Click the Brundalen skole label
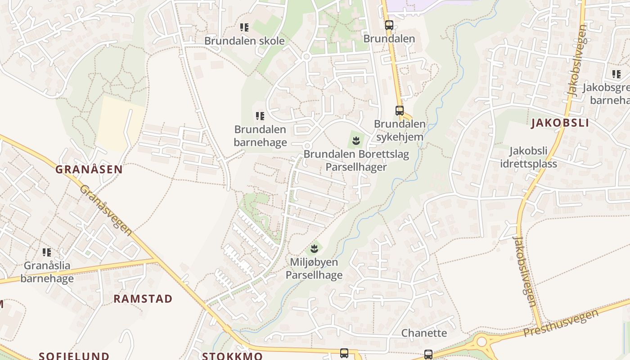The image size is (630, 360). (244, 41)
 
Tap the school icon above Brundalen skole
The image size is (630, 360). (244, 27)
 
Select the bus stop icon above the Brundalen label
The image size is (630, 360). (389, 25)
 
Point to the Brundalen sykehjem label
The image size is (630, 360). (400, 130)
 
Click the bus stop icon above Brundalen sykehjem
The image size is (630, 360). (400, 110)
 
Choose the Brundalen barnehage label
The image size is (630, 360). (260, 136)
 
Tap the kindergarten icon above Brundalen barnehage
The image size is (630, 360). (260, 117)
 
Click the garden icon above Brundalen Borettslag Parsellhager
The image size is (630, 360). (356, 140)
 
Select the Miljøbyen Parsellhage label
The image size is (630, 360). (314, 269)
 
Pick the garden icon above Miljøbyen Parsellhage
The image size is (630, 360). (314, 248)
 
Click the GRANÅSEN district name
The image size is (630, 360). (89, 170)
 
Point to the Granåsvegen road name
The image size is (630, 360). (106, 210)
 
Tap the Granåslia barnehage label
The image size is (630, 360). (47, 272)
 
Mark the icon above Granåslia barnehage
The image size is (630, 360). (47, 252)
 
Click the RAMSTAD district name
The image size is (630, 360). (143, 299)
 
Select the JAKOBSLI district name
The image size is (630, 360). (560, 123)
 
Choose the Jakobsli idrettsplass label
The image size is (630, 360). (528, 157)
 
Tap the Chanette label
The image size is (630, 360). (424, 333)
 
